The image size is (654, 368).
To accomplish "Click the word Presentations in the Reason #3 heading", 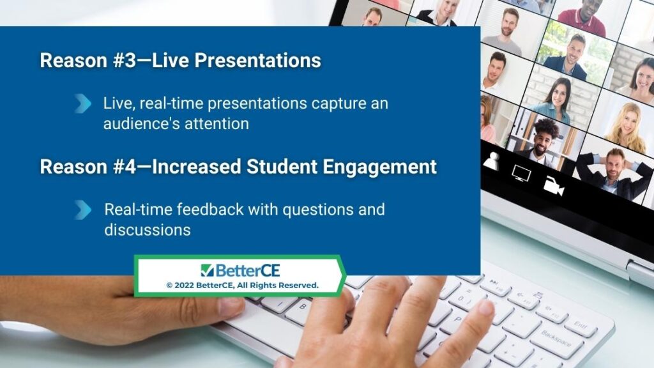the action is (257, 61).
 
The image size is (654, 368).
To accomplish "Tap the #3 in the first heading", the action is (125, 61).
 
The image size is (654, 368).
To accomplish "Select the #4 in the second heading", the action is (125, 167).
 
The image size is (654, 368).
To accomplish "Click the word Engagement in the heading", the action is (379, 167).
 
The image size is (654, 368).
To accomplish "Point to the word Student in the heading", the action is (282, 167).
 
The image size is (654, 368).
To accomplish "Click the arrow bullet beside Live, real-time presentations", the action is (83, 103).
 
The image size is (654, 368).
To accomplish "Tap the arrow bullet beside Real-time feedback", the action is (83, 210).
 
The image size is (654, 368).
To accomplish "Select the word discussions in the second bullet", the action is (148, 230).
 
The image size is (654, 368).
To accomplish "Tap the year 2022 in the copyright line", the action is (184, 286).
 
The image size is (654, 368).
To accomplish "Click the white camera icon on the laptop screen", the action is (554, 186).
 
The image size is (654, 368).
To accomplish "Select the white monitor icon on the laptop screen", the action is (521, 173).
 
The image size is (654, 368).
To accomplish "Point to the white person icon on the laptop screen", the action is (492, 161).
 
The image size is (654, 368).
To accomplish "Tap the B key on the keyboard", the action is (303, 307).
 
